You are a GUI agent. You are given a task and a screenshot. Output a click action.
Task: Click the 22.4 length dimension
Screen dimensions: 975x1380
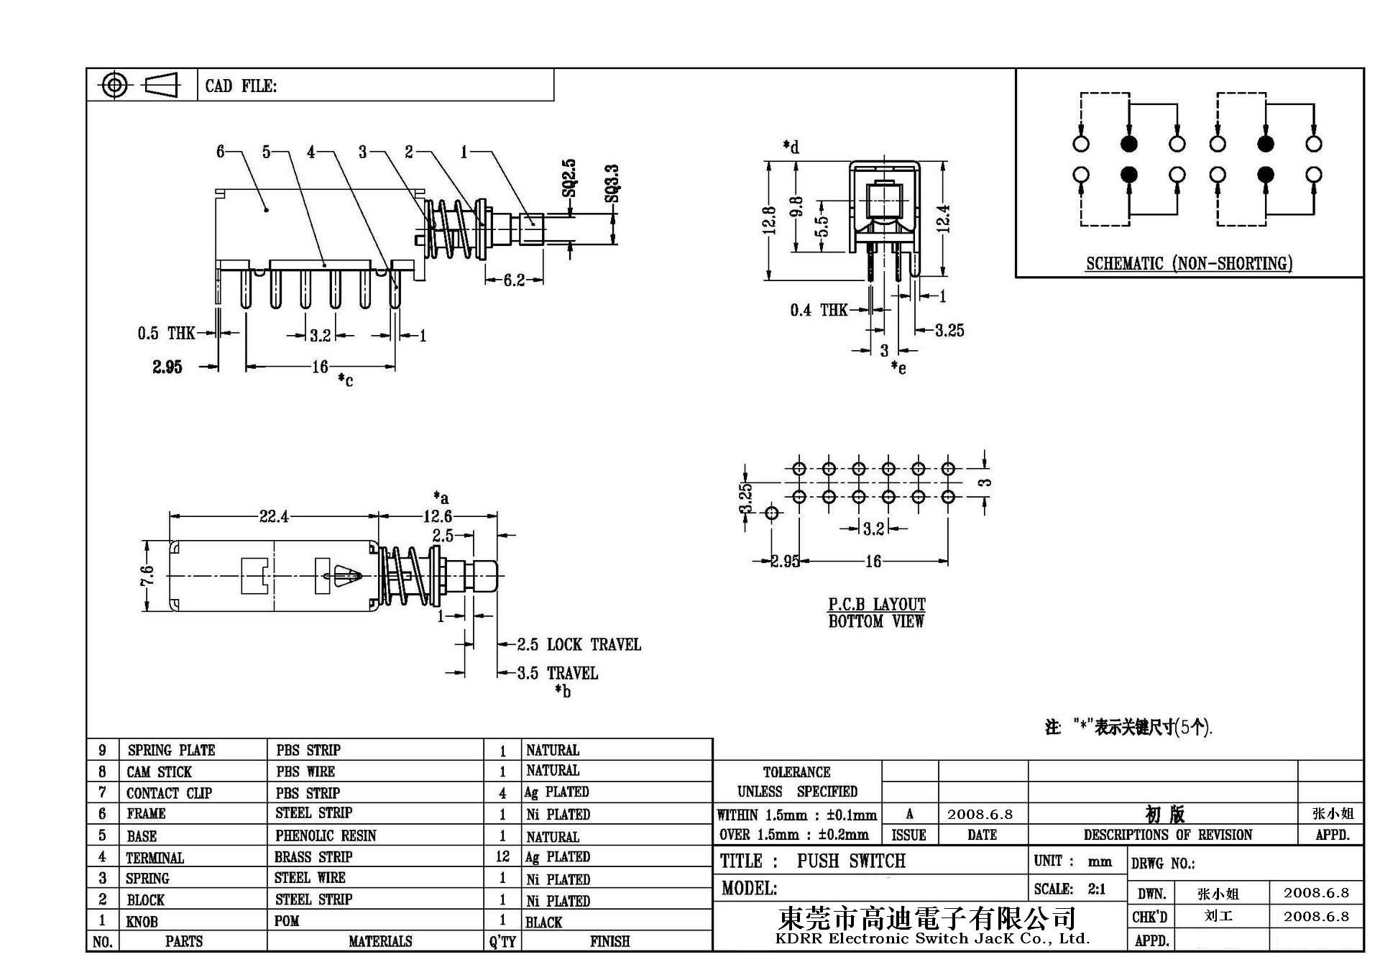pos(274,516)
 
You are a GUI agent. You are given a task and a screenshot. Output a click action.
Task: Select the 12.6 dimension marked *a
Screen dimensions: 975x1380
pos(437,516)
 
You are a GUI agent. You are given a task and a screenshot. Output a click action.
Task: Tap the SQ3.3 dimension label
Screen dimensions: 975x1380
pos(612,183)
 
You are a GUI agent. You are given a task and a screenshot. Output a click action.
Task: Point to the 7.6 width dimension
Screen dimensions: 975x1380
pos(147,575)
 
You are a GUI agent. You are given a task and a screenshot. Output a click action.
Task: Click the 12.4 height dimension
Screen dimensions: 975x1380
pos(944,219)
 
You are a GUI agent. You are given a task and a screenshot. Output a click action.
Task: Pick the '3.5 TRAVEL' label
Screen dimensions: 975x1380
pos(558,674)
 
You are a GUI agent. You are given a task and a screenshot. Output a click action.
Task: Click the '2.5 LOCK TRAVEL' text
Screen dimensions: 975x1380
pos(579,644)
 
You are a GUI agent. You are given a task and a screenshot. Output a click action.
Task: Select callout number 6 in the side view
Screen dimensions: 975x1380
pos(221,152)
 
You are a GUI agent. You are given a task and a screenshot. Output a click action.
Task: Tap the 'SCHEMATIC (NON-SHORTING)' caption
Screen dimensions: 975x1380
pos(1189,264)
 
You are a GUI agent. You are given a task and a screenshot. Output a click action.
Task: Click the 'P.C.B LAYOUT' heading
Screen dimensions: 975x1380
pos(876,604)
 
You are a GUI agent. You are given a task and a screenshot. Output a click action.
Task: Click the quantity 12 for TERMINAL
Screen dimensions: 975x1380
pos(502,856)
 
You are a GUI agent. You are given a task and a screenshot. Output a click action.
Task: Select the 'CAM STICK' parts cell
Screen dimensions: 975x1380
pos(159,772)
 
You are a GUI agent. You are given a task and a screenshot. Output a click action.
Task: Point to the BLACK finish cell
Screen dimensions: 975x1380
pos(543,922)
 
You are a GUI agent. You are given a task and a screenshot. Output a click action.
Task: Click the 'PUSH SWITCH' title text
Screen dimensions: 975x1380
pos(851,861)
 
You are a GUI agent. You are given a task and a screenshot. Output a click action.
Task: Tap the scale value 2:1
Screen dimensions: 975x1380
pos(1097,889)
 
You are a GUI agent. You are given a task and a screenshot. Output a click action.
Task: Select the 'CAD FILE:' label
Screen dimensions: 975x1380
pos(241,86)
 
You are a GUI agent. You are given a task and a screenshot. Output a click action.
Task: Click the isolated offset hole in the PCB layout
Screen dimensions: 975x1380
pos(772,513)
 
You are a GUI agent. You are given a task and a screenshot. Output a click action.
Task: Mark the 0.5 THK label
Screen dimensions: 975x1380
pos(166,333)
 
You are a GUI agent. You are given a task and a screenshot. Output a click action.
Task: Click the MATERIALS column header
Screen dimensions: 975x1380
pos(380,941)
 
